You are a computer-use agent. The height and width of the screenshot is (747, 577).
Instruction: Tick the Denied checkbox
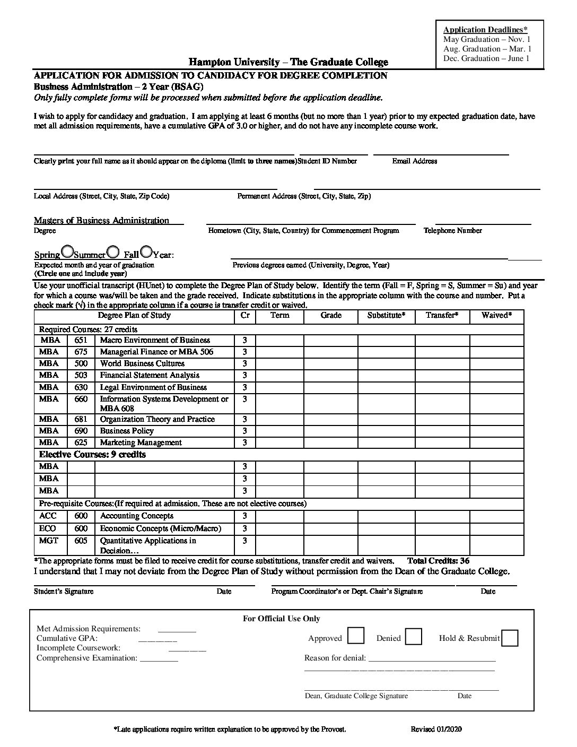[413, 636]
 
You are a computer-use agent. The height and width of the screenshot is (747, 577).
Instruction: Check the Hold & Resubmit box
[509, 638]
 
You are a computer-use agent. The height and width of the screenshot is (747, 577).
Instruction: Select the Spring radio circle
[68, 251]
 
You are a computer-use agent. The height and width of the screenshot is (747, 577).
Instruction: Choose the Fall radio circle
[146, 251]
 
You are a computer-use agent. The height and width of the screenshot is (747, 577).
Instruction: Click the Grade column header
[331, 315]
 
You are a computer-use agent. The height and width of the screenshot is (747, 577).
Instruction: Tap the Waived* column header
[496, 315]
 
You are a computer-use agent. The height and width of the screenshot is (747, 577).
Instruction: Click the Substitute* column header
[386, 315]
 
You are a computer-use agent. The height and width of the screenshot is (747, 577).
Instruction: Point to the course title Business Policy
[127, 431]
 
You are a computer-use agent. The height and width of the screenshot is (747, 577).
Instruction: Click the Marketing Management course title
[141, 442]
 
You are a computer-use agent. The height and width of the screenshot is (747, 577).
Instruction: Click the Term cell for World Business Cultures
[279, 363]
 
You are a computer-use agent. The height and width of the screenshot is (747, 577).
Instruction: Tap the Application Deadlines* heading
[485, 30]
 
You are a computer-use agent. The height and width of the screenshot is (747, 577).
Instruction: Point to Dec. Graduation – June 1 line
[486, 58]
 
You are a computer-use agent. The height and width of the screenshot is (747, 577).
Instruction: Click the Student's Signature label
[64, 591]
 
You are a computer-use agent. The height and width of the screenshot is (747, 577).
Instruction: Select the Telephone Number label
[453, 231]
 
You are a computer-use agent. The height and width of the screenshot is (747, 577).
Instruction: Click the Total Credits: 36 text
[438, 560]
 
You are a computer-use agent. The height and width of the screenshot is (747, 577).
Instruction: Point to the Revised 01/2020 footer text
[436, 729]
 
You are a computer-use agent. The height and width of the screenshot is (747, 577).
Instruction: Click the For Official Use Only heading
[282, 619]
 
